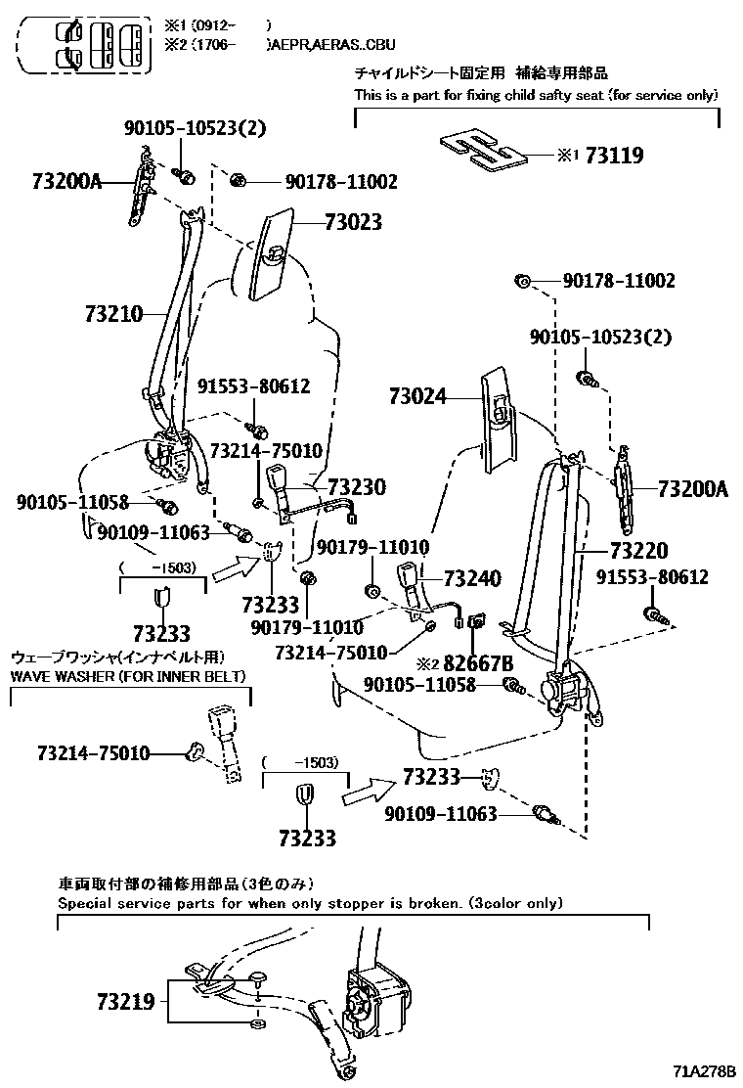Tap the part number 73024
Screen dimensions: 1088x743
pos(417,396)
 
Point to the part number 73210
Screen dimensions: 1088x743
pos(114,314)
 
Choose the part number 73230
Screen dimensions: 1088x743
pos(356,487)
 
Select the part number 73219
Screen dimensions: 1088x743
pos(125,1002)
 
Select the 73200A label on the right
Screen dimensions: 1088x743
pos(692,488)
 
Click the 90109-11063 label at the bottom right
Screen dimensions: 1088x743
pos(440,813)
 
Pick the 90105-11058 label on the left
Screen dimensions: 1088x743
pos(72,502)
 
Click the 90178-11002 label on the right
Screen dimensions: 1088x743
pos(618,282)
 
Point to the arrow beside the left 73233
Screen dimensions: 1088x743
pos(233,566)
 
